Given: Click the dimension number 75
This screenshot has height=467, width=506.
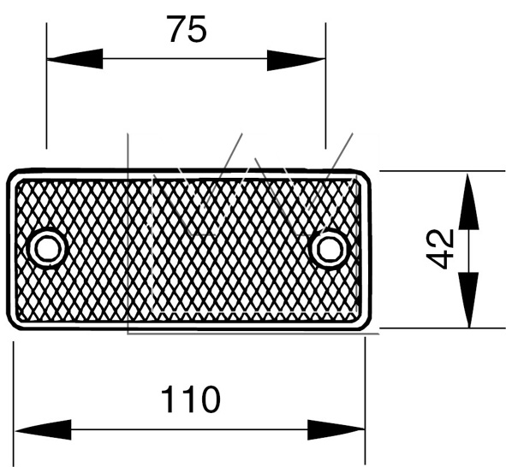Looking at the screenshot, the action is pos(187,29).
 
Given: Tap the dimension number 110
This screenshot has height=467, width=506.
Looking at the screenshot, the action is pos(190,399).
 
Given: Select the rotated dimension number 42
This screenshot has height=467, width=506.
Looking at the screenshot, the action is pos(440,249).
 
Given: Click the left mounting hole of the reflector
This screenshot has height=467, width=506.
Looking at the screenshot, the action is pos(48,248).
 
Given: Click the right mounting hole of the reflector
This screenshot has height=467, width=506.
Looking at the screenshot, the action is pos(329,248).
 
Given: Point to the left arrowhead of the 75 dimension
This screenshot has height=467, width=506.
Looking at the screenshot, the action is pos(74,59).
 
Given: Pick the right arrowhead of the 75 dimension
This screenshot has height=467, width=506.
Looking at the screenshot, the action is pos(296,60).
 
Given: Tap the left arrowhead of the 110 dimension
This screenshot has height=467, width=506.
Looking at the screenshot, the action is pos(44,430).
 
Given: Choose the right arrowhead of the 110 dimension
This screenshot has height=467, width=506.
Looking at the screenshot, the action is pos(336,430).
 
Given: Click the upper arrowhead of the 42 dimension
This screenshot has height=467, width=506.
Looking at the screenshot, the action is pos(468,202).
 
